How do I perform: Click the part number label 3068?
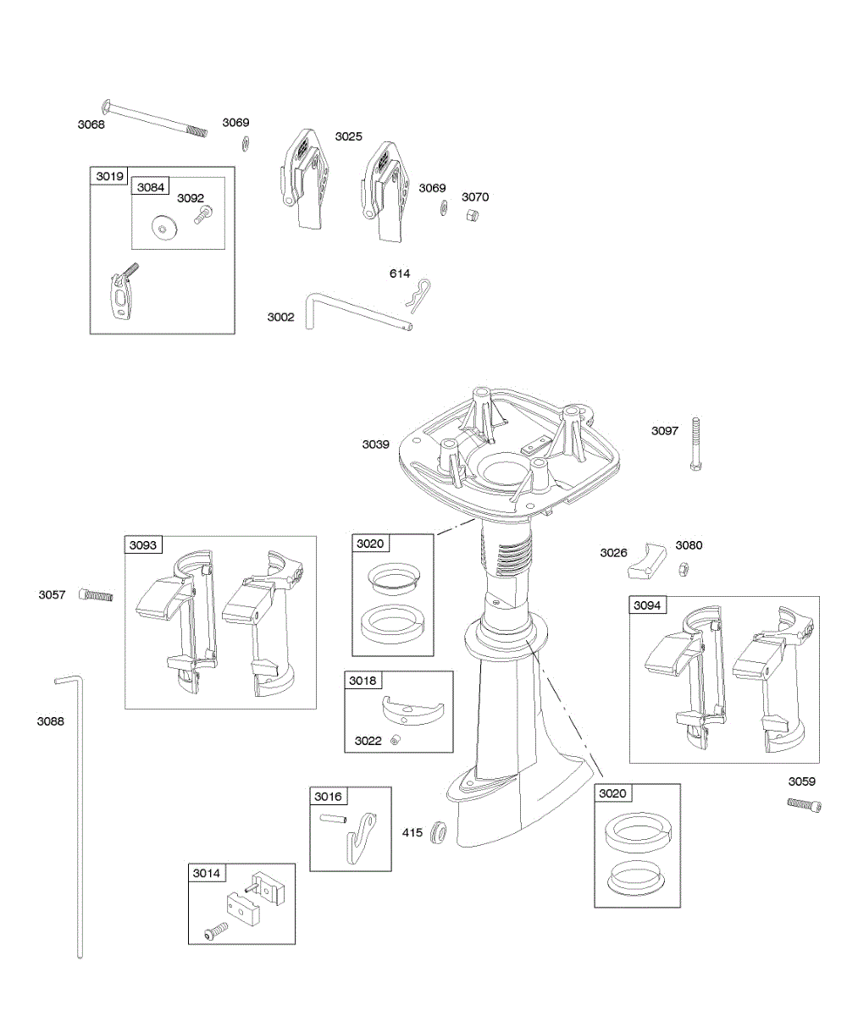(x=91, y=124)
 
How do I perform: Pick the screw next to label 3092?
(x=201, y=218)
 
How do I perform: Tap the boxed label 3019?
(x=109, y=176)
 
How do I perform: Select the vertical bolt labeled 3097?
(x=696, y=444)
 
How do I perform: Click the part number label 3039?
(x=376, y=444)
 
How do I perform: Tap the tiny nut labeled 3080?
(x=683, y=566)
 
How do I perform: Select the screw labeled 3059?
(x=804, y=803)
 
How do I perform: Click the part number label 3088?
(x=51, y=721)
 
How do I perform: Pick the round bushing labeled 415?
(x=440, y=832)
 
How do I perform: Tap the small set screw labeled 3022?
(x=396, y=741)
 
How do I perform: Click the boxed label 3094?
(x=648, y=605)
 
